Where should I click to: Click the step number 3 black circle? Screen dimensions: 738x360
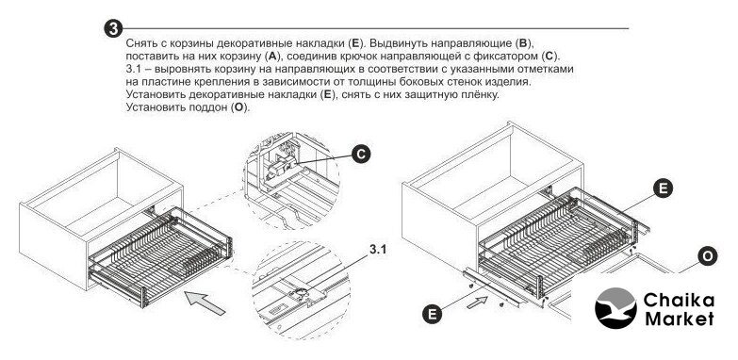click(x=113, y=28)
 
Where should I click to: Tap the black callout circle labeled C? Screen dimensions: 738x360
click(x=361, y=155)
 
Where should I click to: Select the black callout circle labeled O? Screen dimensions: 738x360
click(x=708, y=257)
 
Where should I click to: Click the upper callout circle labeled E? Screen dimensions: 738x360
click(x=663, y=188)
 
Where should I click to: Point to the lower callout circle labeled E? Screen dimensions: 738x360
click(x=432, y=313)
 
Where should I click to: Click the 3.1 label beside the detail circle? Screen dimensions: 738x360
click(x=377, y=250)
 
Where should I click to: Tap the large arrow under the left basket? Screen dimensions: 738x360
click(x=205, y=303)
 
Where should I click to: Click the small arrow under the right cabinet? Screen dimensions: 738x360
click(x=478, y=302)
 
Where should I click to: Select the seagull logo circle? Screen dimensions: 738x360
click(x=615, y=308)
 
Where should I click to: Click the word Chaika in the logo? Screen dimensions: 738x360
click(x=679, y=300)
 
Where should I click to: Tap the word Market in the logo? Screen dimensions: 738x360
click(x=680, y=319)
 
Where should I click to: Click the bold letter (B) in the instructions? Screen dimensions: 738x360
click(x=523, y=44)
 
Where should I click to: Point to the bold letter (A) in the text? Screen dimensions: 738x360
click(x=272, y=57)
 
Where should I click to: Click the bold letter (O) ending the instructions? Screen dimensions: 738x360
click(x=240, y=107)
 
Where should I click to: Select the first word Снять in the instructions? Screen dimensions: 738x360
click(x=139, y=44)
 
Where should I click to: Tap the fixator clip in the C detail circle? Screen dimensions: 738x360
click(x=280, y=168)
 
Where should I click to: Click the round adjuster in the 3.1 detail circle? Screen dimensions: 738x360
click(x=300, y=294)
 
